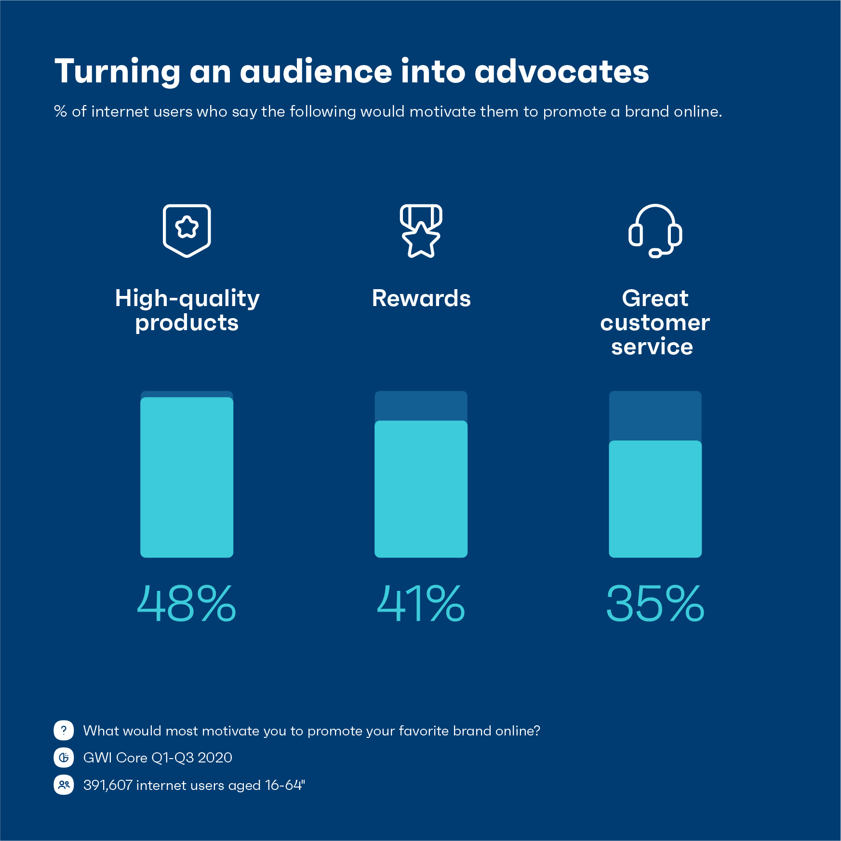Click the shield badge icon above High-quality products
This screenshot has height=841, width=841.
[x=187, y=230]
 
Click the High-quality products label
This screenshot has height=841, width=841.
[x=187, y=310]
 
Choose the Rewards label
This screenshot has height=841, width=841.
[x=421, y=298]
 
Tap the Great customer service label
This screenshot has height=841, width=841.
[x=655, y=322]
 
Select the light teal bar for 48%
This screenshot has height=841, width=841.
[x=187, y=477]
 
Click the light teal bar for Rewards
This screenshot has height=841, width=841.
[x=421, y=489]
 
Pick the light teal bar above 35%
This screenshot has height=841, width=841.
[x=655, y=499]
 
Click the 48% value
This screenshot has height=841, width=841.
[x=187, y=603]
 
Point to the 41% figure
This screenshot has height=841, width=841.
[x=421, y=603]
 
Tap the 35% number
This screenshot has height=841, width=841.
[x=655, y=603]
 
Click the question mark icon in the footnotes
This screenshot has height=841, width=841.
[x=64, y=730]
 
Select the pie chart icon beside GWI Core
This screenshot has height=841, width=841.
[x=64, y=758]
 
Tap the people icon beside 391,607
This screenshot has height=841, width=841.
[x=64, y=785]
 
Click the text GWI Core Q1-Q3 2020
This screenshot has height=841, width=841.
[x=158, y=758]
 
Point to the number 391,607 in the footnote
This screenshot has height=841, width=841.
[x=107, y=785]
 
